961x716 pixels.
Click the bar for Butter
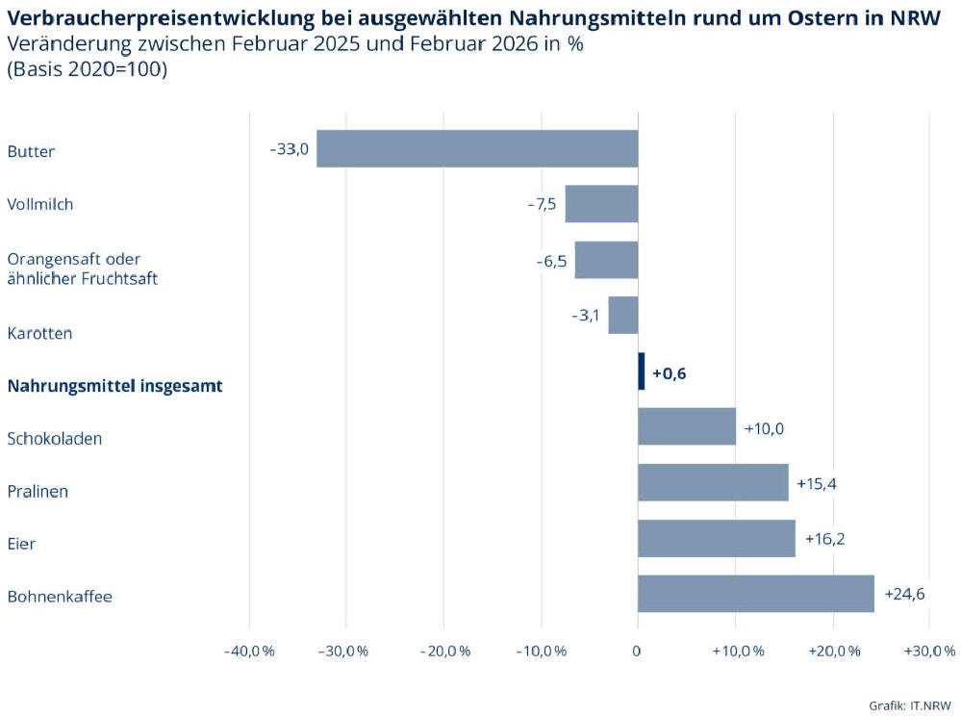pyautogui.click(x=477, y=149)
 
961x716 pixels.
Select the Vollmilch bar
pyautogui.click(x=601, y=204)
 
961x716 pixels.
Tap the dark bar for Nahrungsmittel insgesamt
pyautogui.click(x=642, y=371)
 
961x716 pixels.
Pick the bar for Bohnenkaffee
pyautogui.click(x=755, y=594)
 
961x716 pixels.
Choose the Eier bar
pyautogui.click(x=716, y=539)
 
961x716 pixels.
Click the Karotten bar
pyautogui.click(x=622, y=315)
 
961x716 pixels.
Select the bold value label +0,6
pyautogui.click(x=669, y=373)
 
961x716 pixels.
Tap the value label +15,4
pyautogui.click(x=816, y=483)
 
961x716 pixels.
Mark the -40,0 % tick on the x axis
pyautogui.click(x=249, y=652)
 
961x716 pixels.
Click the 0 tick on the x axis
pyautogui.click(x=637, y=652)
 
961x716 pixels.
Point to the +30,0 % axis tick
pyautogui.click(x=929, y=652)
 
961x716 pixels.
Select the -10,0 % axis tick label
pyautogui.click(x=541, y=652)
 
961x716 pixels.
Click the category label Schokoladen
pyautogui.click(x=55, y=439)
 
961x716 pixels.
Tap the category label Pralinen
pyautogui.click(x=38, y=492)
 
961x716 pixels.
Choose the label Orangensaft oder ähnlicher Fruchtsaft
pyautogui.click(x=82, y=268)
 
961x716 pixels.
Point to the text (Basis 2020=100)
pyautogui.click(x=87, y=69)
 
